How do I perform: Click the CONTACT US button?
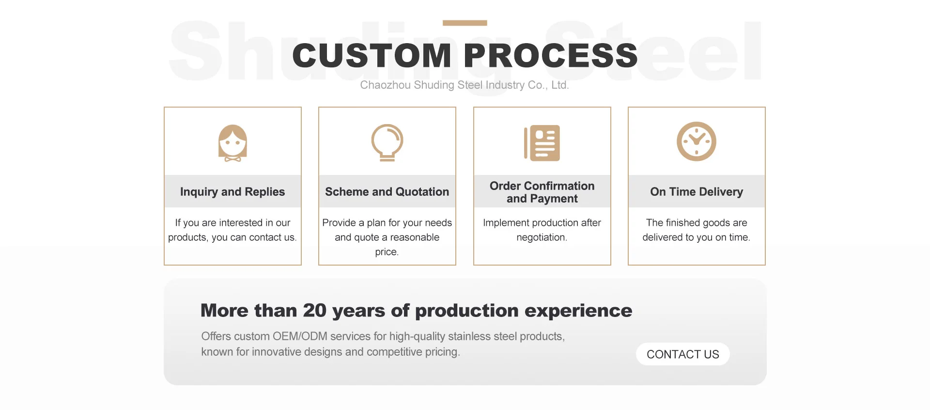coord(682,354)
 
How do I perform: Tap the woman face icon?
coord(232,143)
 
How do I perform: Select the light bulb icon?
coord(387,142)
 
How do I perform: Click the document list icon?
coord(542,143)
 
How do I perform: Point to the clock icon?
coord(697,142)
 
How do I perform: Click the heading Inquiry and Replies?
coord(232,192)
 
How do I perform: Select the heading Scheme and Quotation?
coord(387,192)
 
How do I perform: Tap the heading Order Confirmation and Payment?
coord(542,192)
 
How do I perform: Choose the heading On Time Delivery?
coord(697,192)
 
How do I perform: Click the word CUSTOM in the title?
coord(372,55)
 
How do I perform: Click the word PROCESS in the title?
coord(551,55)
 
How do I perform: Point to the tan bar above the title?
coord(465,23)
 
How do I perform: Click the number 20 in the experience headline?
coord(315,311)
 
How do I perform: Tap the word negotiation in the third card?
coord(541,237)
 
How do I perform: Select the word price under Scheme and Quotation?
coord(386,252)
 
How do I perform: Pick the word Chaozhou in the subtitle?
coord(385,85)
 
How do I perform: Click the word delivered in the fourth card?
coord(661,237)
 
